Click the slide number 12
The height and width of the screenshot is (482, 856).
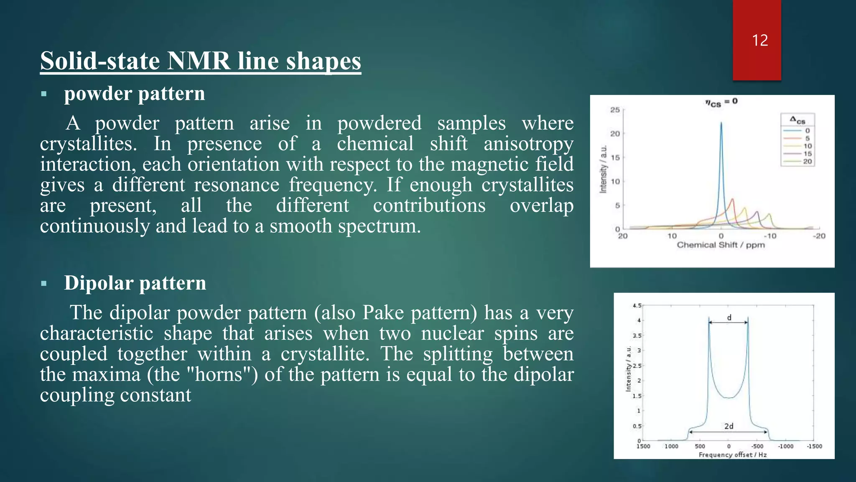click(759, 41)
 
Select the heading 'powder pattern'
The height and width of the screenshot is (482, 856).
click(134, 93)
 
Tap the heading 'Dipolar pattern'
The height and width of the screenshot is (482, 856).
click(135, 283)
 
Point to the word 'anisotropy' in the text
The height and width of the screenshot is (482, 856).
click(528, 144)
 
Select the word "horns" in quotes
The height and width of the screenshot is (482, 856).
click(220, 374)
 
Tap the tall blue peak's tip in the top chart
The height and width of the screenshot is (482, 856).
click(721, 123)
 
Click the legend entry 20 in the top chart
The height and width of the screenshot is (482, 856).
click(807, 162)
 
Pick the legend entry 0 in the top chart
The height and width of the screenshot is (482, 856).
click(807, 131)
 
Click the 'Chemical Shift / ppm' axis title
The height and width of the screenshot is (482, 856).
click(721, 245)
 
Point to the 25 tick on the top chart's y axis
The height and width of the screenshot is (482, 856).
click(615, 110)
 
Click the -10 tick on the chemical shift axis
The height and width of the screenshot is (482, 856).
click(770, 236)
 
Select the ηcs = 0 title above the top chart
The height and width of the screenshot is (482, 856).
click(721, 102)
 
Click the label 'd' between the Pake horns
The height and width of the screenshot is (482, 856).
click(729, 318)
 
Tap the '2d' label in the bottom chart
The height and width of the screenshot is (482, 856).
click(729, 426)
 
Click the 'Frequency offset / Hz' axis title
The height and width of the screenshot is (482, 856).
click(732, 455)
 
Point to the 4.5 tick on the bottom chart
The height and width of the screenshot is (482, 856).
click(637, 306)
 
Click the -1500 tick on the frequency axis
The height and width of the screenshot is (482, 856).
click(814, 446)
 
